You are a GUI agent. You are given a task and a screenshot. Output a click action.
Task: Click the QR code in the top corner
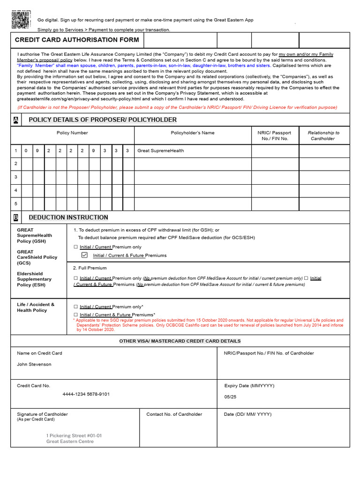pos(21,19)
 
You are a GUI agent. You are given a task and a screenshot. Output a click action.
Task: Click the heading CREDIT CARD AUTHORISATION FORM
pos(77,40)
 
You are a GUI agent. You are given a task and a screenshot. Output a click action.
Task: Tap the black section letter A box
pos(16,120)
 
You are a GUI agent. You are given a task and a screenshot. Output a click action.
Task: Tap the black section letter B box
pos(16,217)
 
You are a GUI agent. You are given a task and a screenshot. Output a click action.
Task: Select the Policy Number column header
pos(72,133)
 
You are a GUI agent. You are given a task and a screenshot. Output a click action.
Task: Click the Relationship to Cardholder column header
pos(323,136)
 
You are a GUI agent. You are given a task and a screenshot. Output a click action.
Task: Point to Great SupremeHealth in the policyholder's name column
pos(160,151)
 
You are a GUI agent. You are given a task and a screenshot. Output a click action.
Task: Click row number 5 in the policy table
pos(16,204)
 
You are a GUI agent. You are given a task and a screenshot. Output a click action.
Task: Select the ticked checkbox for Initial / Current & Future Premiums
pos(84,255)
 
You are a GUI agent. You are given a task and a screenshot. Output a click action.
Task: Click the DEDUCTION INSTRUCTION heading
pos(68,217)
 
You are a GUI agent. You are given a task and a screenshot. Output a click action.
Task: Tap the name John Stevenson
pos(34,364)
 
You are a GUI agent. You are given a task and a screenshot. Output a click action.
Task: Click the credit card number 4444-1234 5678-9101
pos(86,394)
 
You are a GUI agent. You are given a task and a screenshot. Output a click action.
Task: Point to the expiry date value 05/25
pos(231,397)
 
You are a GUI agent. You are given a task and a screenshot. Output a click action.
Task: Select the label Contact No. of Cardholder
pos(174,414)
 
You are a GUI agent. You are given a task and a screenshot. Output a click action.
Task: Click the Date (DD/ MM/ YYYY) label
pos(247,414)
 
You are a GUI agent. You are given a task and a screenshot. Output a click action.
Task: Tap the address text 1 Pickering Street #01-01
pos(74,435)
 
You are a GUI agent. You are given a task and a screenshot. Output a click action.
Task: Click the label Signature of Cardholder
pos(42,414)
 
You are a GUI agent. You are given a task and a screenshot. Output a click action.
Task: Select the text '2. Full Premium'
pos(90,268)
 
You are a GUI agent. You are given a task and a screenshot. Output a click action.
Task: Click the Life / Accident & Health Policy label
pos(36,307)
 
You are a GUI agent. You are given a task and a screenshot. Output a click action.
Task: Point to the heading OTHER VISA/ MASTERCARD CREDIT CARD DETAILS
pos(180,341)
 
